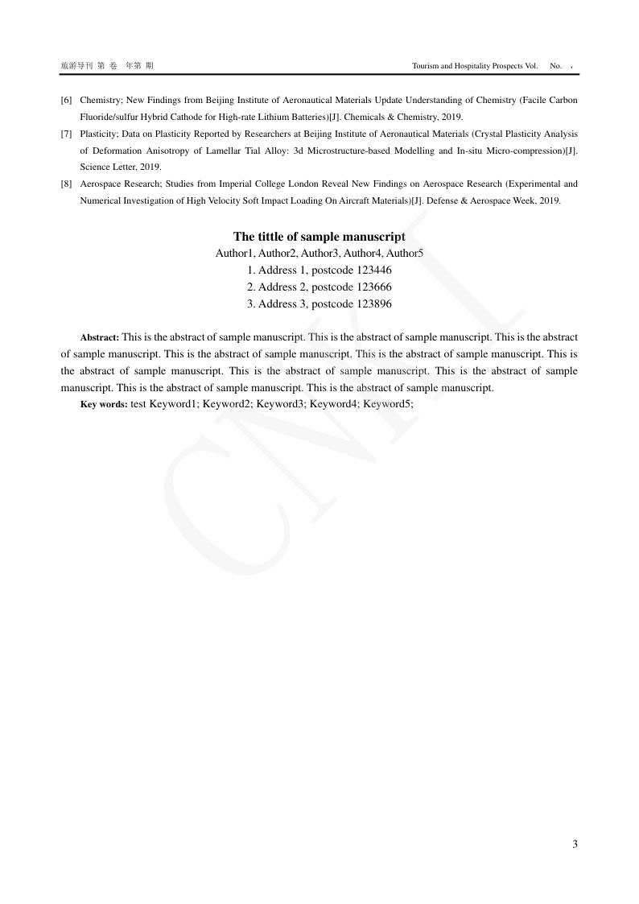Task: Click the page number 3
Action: (575, 844)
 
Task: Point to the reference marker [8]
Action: (66, 184)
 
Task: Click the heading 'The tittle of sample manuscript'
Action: (319, 237)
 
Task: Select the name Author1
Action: (234, 254)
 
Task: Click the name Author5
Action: (405, 254)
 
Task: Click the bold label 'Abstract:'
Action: (100, 338)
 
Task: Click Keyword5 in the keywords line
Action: (387, 405)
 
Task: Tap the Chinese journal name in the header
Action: (77, 64)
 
